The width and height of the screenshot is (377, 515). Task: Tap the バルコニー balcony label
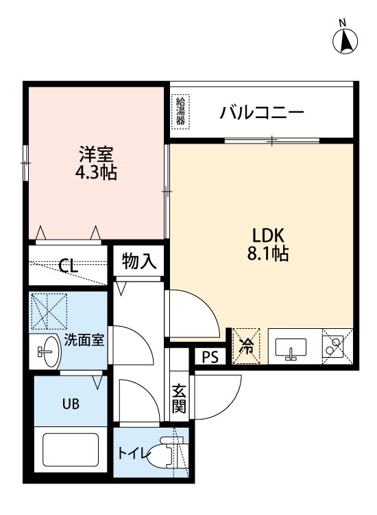tap(262, 113)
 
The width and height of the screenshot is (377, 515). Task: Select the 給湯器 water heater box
tap(181, 111)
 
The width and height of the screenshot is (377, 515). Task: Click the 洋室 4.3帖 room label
tap(96, 163)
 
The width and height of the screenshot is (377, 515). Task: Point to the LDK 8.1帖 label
tap(268, 244)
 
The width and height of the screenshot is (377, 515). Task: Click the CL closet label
tap(68, 266)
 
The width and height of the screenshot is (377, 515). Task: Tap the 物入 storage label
tap(139, 262)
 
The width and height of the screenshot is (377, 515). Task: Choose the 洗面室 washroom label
tap(84, 340)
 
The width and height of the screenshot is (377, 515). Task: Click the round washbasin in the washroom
tap(49, 352)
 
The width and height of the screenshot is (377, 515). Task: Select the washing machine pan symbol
tap(49, 311)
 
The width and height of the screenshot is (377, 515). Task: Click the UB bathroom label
tap(71, 404)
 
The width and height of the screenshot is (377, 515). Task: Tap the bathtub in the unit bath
tap(71, 450)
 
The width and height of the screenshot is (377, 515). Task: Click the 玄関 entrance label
tap(179, 398)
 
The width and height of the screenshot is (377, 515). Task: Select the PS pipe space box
tap(210, 357)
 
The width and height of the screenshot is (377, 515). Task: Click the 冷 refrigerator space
tap(246, 346)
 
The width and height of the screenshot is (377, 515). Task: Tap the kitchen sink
tap(291, 349)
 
